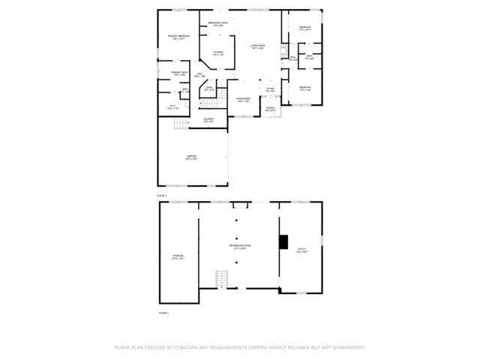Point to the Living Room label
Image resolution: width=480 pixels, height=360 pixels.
[259, 47]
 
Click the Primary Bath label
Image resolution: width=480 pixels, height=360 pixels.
[178, 73]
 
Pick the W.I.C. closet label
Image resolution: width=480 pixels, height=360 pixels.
[172, 106]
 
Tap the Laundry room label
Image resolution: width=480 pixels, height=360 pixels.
[208, 119]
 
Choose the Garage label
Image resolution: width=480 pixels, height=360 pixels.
[191, 157]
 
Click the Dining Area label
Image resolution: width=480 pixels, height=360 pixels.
[243, 99]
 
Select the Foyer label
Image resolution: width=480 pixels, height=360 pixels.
[270, 91]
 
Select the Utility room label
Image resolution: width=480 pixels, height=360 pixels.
[300, 250]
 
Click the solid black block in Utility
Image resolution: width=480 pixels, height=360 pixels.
[283, 241]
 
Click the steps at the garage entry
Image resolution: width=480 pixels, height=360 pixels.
[180, 122]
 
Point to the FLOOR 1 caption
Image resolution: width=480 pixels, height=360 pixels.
[163, 312]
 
